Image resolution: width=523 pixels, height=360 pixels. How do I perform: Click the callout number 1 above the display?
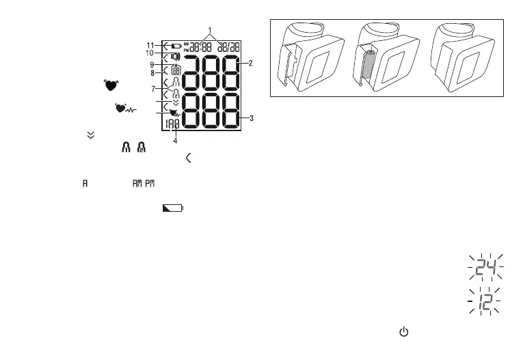coord(210,30)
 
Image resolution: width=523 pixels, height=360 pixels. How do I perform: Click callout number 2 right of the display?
coord(251,63)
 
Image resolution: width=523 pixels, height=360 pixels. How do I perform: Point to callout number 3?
coord(252,118)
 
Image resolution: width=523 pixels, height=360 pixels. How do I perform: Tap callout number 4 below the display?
coord(175,141)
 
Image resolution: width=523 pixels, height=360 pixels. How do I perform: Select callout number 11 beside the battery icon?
coord(150,45)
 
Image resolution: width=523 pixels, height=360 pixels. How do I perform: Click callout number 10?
coord(149,53)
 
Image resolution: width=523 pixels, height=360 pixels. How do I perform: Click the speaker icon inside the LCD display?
coord(175,57)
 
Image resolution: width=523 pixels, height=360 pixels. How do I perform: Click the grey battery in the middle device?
coord(370,68)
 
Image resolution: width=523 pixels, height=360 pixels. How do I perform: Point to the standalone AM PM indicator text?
coord(145,184)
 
